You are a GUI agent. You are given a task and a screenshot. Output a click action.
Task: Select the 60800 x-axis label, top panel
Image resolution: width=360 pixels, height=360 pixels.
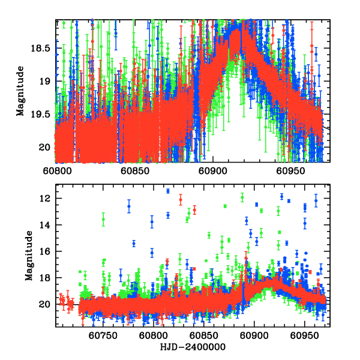56,170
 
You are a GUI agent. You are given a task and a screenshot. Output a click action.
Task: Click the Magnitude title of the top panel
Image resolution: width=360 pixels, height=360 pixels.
20,91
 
